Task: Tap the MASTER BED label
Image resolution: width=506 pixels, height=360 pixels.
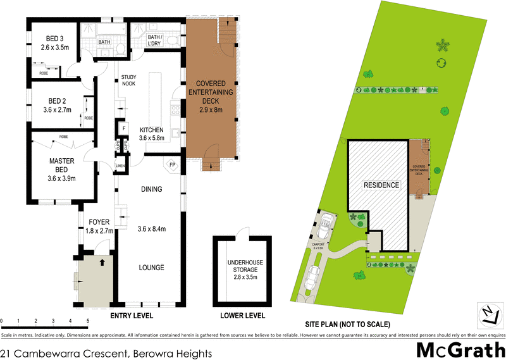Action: [62, 161]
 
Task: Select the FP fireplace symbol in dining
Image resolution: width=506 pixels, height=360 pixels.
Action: [171, 166]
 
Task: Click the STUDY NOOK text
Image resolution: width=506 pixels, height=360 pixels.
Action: [129, 80]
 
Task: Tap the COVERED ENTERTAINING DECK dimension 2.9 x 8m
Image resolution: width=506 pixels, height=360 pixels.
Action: [211, 110]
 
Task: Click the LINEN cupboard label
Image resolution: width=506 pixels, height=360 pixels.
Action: [120, 166]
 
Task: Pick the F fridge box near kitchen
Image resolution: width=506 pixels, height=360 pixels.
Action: [124, 129]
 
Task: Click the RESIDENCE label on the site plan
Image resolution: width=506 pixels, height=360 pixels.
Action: [381, 185]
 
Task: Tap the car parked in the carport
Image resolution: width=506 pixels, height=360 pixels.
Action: [326, 223]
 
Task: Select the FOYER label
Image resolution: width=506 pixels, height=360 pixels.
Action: [100, 222]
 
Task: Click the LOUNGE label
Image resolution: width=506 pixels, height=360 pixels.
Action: [152, 268]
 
